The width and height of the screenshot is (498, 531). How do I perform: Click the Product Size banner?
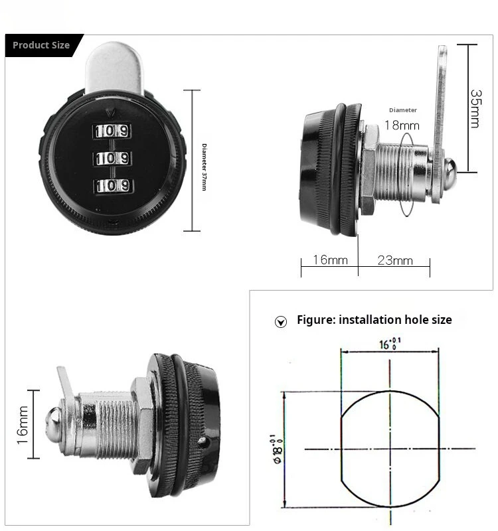click(41, 45)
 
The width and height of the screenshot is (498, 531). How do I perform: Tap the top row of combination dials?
click(111, 131)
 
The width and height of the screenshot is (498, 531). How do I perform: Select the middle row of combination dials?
click(111, 158)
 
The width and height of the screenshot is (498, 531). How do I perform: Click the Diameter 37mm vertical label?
click(203, 161)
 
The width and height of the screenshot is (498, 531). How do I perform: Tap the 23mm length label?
click(395, 260)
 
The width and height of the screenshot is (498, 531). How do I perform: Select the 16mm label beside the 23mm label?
click(330, 260)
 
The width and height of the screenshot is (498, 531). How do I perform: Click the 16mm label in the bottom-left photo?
click(22, 425)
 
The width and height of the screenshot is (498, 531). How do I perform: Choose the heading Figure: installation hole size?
click(374, 320)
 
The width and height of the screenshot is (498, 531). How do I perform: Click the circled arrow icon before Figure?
click(281, 322)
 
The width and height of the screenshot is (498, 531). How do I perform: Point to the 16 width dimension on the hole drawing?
click(390, 343)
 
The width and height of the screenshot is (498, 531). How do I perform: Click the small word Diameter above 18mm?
click(403, 110)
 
